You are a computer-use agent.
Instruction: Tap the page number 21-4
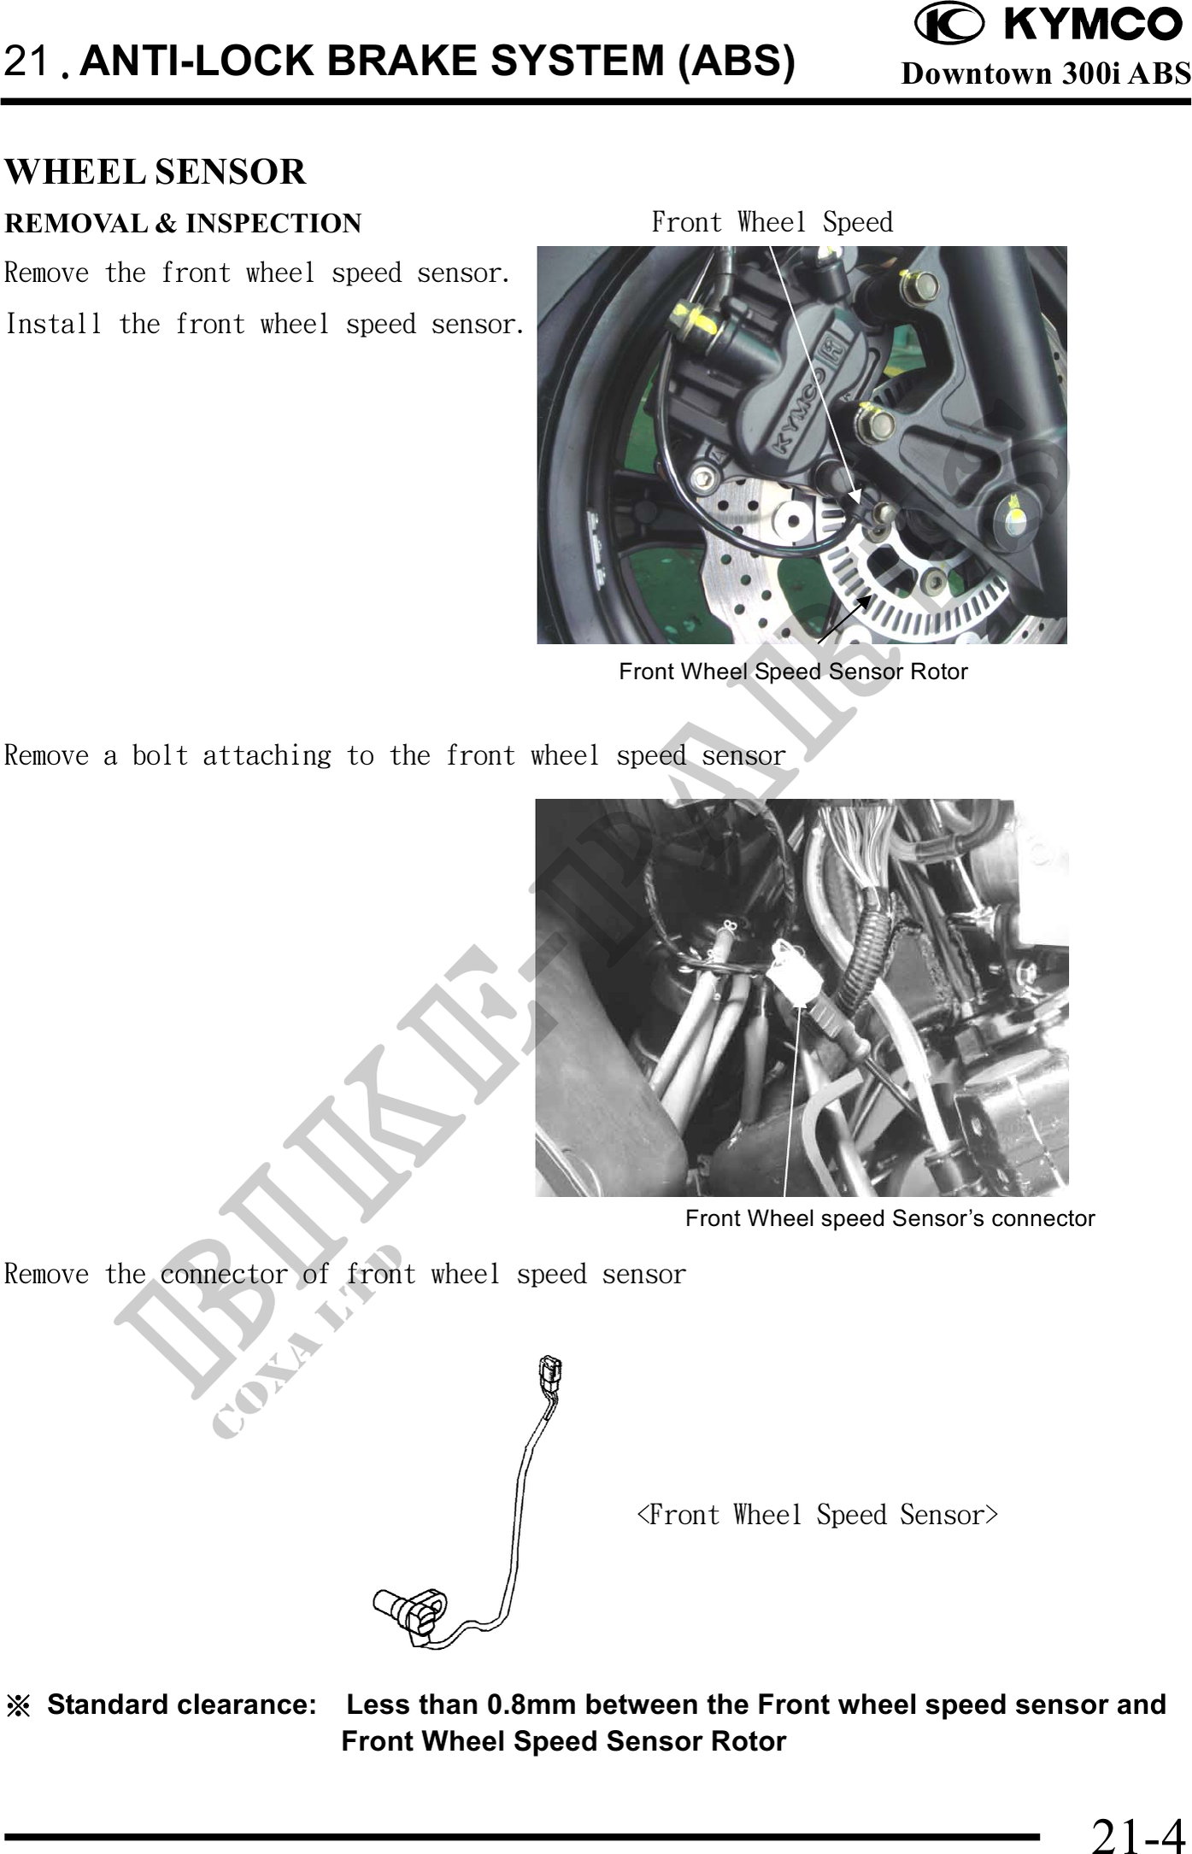click(1137, 1833)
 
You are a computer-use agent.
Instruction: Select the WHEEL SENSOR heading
click(156, 172)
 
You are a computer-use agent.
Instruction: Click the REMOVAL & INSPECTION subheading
click(183, 224)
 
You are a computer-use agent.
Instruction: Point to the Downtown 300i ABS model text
click(1046, 73)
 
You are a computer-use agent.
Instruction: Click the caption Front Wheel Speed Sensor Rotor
click(793, 672)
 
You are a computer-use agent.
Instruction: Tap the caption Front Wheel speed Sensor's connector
click(890, 1218)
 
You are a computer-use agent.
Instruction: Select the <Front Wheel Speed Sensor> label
click(818, 1515)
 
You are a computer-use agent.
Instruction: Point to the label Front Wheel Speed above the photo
click(772, 222)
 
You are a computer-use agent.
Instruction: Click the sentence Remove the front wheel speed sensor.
click(258, 273)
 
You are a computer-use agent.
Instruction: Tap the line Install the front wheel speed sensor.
click(265, 325)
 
